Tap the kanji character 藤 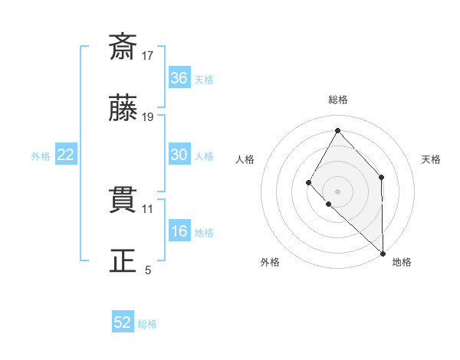click(x=123, y=109)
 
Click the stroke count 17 click(x=148, y=55)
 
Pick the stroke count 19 click(x=148, y=117)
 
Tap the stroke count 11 click(x=148, y=208)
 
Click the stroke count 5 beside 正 click(x=148, y=270)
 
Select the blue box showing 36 click(x=179, y=78)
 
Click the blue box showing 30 click(x=179, y=155)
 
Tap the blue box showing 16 click(x=179, y=232)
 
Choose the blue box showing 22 click(x=66, y=155)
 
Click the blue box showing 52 click(x=123, y=322)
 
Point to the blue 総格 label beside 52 click(x=148, y=324)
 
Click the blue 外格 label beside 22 click(x=41, y=156)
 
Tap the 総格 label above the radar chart click(x=338, y=100)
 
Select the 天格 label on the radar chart click(x=432, y=159)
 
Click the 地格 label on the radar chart click(x=402, y=262)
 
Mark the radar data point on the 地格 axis click(x=383, y=252)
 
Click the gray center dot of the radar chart click(x=337, y=190)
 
